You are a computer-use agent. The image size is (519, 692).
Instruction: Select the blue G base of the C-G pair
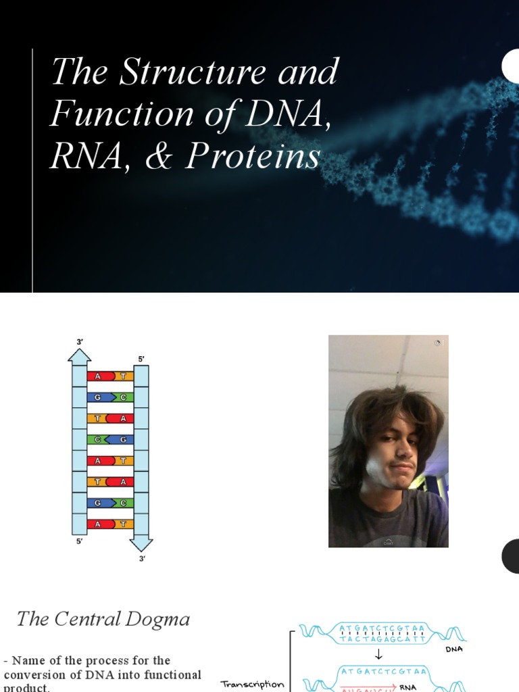pyautogui.click(x=123, y=439)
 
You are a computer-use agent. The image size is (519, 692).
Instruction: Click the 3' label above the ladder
pyautogui.click(x=80, y=343)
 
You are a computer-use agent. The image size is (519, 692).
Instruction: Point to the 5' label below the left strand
pyautogui.click(x=80, y=542)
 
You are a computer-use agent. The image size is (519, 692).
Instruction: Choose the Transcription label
pyautogui.click(x=252, y=685)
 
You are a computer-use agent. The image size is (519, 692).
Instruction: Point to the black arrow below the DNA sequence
pyautogui.click(x=378, y=654)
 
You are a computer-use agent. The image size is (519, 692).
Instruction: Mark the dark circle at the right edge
pyautogui.click(x=511, y=556)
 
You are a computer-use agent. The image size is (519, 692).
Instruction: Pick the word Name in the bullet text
pyautogui.click(x=30, y=660)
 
